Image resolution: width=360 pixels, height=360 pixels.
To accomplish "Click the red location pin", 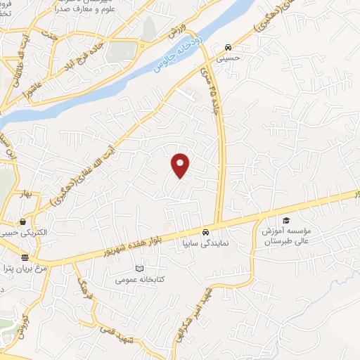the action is (x=181, y=165).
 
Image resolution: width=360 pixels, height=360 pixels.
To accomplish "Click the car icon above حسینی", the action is (x=228, y=48).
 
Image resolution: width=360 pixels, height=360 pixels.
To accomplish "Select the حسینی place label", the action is (x=230, y=59).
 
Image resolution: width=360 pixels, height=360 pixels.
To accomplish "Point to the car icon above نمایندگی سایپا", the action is (x=205, y=232).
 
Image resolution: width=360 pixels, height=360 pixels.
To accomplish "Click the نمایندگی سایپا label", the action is (x=205, y=243).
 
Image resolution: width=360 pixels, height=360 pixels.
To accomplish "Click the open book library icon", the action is (x=139, y=269).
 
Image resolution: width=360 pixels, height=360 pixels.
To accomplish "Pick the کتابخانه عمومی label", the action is (x=141, y=280).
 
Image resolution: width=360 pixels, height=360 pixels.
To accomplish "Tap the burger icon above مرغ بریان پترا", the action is (x=25, y=257).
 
